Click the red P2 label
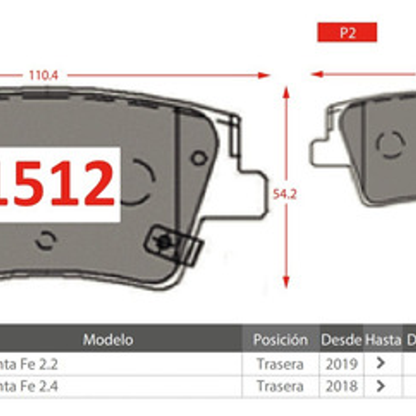pyautogui.click(x=347, y=32)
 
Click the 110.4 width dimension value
pyautogui.click(x=43, y=76)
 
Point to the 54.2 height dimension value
pyautogui.click(x=285, y=194)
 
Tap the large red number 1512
pyautogui.click(x=58, y=184)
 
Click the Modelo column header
pyautogui.click(x=108, y=340)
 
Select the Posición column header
pyautogui.click(x=280, y=340)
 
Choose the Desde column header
pyautogui.click(x=341, y=340)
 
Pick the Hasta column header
pyautogui.click(x=383, y=340)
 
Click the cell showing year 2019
pyautogui.click(x=341, y=364)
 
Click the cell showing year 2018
pyautogui.click(x=341, y=386)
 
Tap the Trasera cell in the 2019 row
pyautogui.click(x=280, y=364)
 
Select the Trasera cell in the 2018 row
pyautogui.click(x=280, y=386)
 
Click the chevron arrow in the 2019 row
pyautogui.click(x=380, y=363)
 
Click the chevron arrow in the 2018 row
pyautogui.click(x=380, y=386)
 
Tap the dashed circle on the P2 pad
pyautogui.click(x=390, y=145)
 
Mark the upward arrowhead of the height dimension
pyautogui.click(x=286, y=92)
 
